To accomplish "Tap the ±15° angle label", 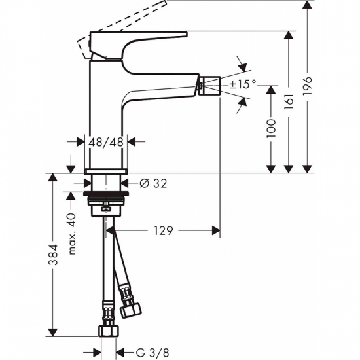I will click(x=243, y=84).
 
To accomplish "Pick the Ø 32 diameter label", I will click(x=153, y=184).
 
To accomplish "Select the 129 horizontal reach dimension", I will click(x=163, y=230).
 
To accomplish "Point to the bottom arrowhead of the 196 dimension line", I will click(x=308, y=168).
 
